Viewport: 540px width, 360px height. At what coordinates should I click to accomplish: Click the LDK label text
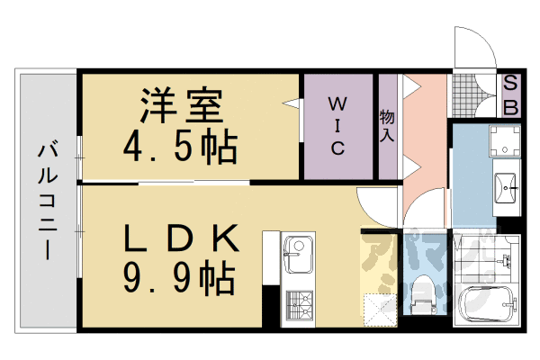tap(180, 239)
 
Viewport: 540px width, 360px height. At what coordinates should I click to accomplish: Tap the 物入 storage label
tap(387, 126)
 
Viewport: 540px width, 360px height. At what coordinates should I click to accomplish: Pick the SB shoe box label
tap(509, 94)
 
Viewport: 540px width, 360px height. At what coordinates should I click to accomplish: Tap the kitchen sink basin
tap(297, 255)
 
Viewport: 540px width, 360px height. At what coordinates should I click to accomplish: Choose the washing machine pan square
tap(506, 140)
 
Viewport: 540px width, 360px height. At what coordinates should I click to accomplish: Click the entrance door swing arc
tap(472, 45)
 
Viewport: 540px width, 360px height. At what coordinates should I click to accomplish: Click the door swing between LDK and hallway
tap(373, 205)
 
